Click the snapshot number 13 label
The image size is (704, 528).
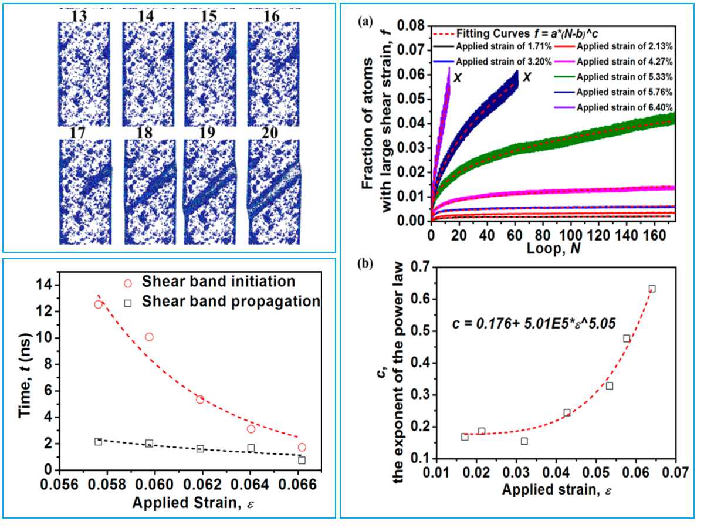coord(80,16)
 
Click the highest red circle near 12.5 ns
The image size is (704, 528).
coord(99,304)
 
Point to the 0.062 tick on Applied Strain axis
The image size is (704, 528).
coord(200,485)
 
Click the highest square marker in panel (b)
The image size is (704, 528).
coord(652,289)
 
